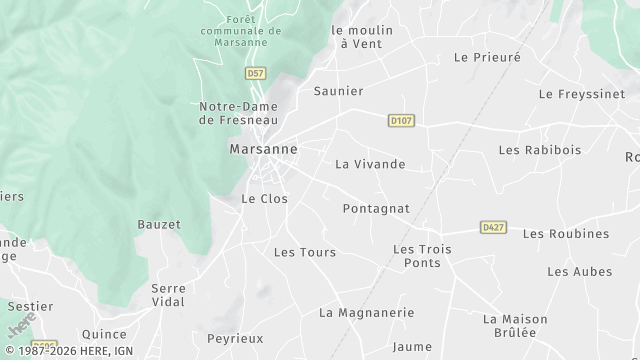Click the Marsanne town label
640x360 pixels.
click(263, 149)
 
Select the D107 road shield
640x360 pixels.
click(401, 121)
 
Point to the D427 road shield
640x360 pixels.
click(493, 227)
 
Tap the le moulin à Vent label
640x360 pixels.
click(362, 37)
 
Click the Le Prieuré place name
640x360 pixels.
click(487, 58)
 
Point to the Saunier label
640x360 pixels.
click(338, 91)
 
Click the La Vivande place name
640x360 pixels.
click(370, 164)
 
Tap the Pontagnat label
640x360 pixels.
click(376, 208)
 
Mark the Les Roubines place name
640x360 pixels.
click(565, 234)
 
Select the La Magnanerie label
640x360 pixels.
click(366, 313)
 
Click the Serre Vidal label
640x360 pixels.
click(168, 295)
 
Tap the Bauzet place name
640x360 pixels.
click(159, 225)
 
